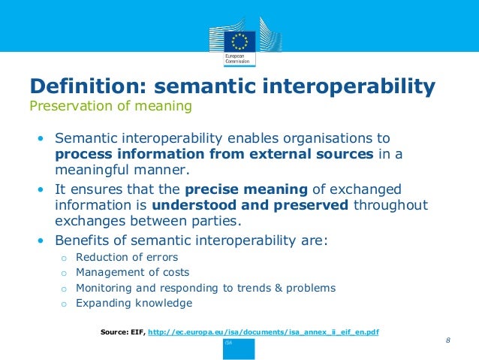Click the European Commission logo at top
point(239,42)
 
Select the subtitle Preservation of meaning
point(110,106)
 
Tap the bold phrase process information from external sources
point(213,155)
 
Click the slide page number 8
point(447,340)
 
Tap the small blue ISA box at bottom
point(239,347)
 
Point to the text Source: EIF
point(122,331)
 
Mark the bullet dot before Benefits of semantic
point(41,241)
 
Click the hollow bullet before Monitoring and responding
point(65,289)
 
